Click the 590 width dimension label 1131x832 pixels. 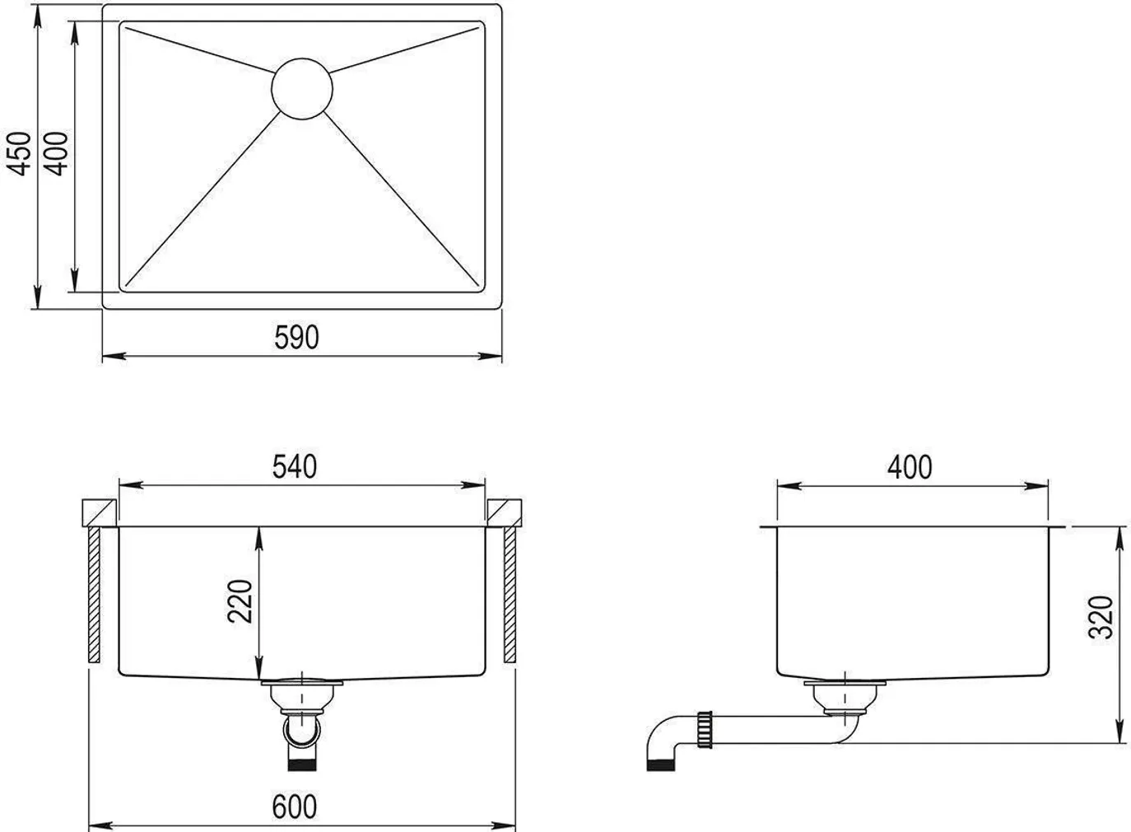pos(296,337)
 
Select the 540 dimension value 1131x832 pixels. pos(295,466)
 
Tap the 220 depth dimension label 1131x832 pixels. pos(240,601)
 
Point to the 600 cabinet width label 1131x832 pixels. pos(294,806)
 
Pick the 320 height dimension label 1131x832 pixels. pos(1101,616)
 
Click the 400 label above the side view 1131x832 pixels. pos(910,467)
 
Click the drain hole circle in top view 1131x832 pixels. pos(302,89)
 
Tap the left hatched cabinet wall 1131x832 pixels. pos(94,595)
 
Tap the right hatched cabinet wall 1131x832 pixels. pos(510,595)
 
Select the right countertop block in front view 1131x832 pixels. pos(505,512)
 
